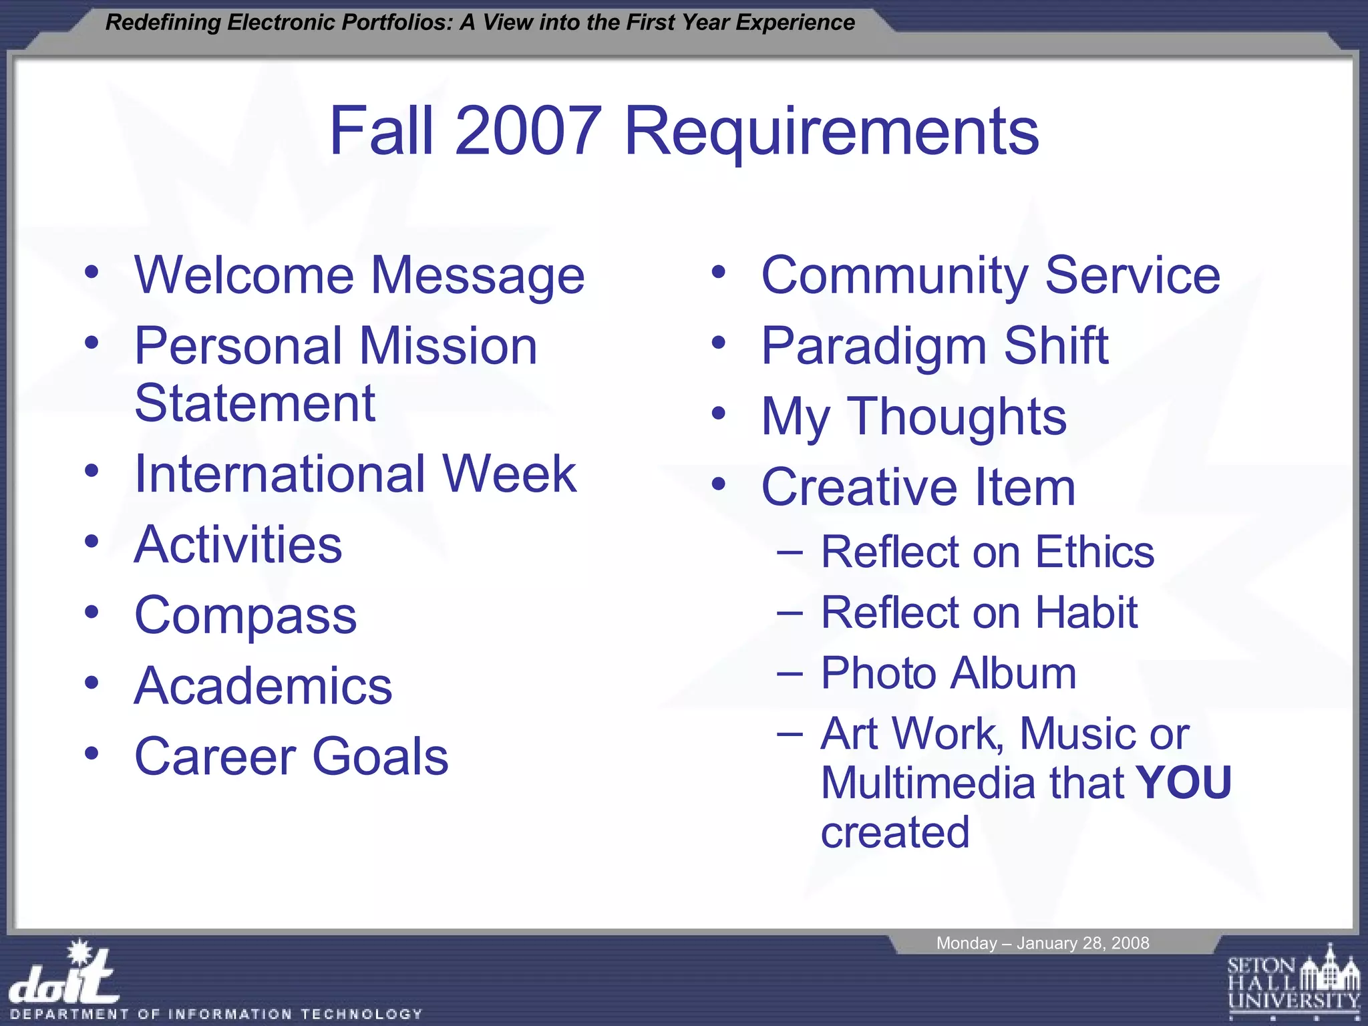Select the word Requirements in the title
click(x=831, y=132)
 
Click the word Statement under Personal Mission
click(x=254, y=403)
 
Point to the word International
click(x=281, y=474)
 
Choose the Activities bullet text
click(x=238, y=545)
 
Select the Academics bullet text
click(x=263, y=686)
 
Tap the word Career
click(x=215, y=757)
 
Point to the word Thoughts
click(x=957, y=417)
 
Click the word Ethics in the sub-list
click(x=1095, y=552)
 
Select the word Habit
click(x=1086, y=613)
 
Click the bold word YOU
click(x=1184, y=782)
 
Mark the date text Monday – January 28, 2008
click(x=1042, y=943)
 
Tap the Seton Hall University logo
click(x=1293, y=982)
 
